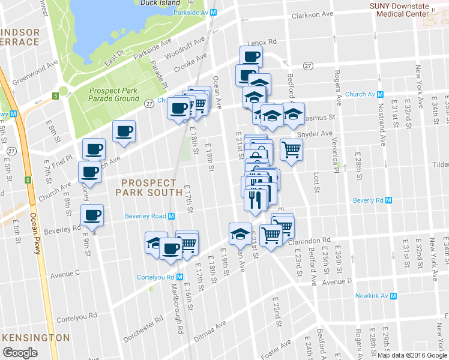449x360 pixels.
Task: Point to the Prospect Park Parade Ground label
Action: pos(114,94)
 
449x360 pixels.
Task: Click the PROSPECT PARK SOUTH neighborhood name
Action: pos(151,187)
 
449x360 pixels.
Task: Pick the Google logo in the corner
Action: pos(20,352)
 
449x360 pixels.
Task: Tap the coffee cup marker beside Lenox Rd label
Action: pos(252,56)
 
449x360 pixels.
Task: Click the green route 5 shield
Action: pos(55,95)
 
